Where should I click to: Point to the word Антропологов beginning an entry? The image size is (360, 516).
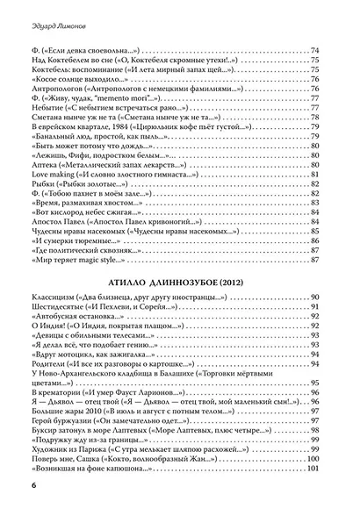coord(67,117)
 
